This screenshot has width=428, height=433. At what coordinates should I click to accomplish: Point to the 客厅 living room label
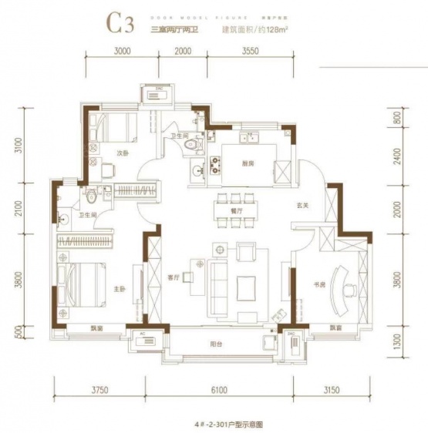click(173, 278)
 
